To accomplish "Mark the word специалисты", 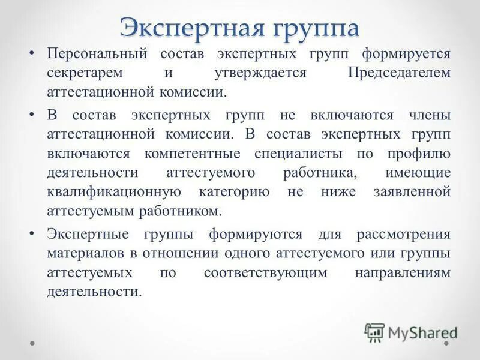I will [x=298, y=153].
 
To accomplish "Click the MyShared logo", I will [x=411, y=332].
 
